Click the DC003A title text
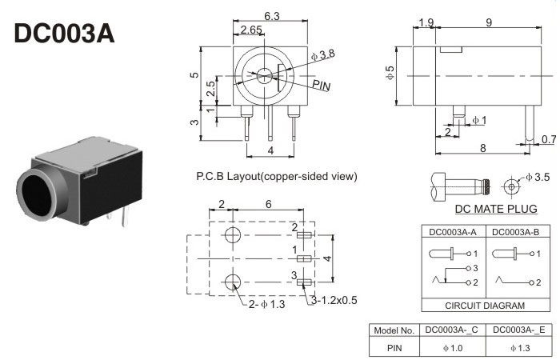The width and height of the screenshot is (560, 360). pos(65,34)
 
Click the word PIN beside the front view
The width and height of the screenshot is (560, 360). pos(322,84)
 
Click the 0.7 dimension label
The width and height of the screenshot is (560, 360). pos(548,140)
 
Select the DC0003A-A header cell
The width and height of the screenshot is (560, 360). pos(453,232)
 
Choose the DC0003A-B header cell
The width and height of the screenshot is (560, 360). pos(517,232)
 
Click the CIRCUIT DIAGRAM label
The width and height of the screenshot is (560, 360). pos(485,306)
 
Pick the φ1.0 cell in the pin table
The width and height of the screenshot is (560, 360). pos(453,348)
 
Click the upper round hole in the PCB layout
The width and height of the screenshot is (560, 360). pos(233,235)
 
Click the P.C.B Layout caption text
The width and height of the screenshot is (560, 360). pos(276,176)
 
